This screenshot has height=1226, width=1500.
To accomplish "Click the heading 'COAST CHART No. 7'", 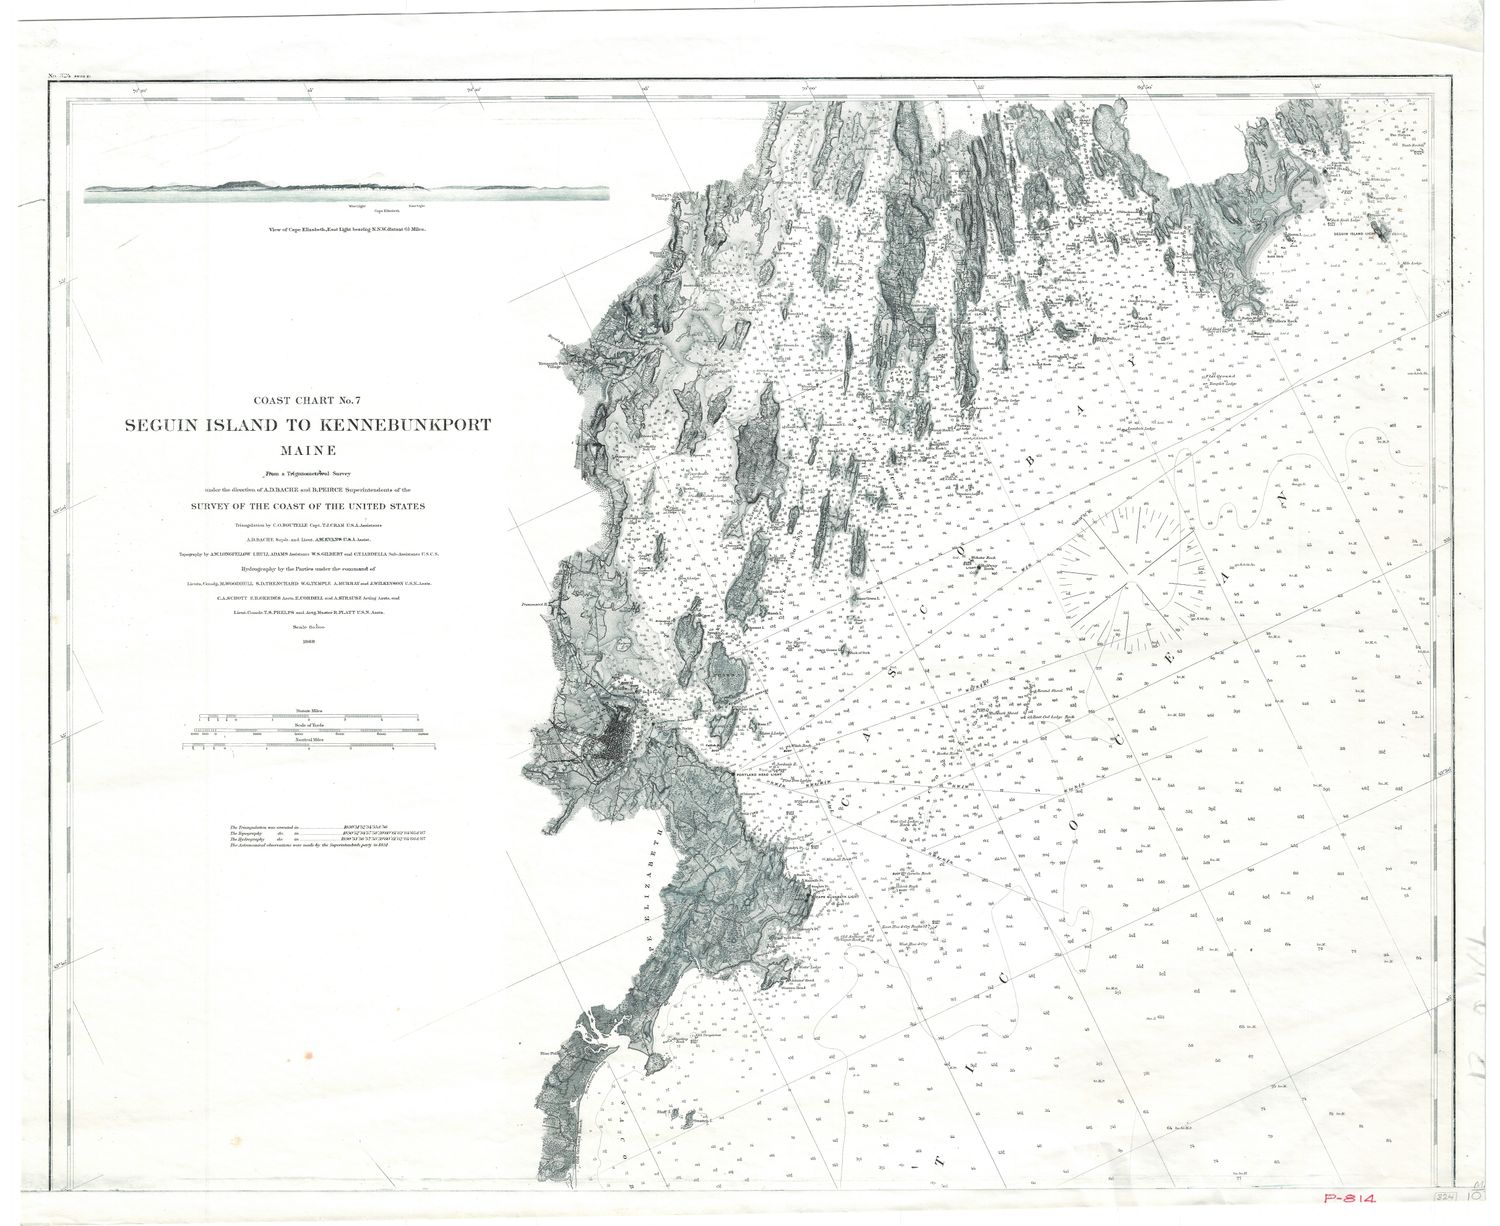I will click(x=307, y=402).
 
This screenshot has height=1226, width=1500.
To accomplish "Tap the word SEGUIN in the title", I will click(x=164, y=425).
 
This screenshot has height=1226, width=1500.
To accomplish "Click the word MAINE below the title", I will click(x=307, y=450).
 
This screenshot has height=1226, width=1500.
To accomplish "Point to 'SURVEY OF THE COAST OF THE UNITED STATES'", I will click(x=308, y=506).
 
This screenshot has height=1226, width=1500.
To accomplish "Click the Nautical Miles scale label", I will click(x=309, y=739).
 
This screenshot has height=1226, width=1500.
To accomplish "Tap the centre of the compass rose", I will click(x=1132, y=577).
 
